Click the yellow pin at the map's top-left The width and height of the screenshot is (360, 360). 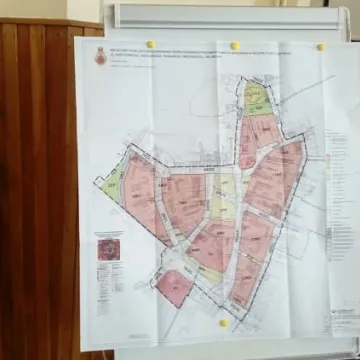click(151, 44)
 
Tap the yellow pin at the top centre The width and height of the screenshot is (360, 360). click(235, 46)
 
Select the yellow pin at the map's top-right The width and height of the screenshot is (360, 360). click(321, 47)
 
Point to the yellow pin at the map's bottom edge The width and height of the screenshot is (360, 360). click(224, 323)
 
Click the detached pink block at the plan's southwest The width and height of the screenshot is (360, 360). click(174, 286)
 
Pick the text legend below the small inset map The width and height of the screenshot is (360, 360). click(108, 285)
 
